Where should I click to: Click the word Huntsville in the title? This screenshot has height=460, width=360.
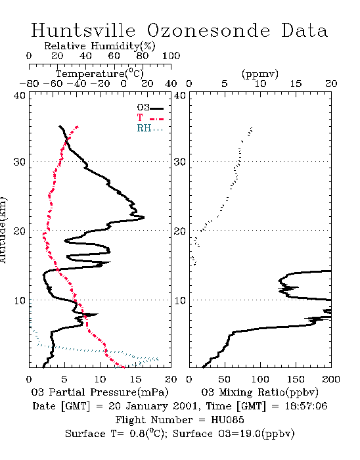click(83, 30)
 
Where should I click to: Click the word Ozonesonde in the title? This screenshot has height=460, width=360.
click(208, 30)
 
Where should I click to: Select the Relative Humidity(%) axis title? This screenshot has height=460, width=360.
click(100, 46)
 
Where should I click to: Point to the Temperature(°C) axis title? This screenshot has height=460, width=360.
click(100, 74)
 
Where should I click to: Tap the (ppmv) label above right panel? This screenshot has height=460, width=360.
click(260, 74)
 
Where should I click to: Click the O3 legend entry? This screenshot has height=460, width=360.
click(150, 108)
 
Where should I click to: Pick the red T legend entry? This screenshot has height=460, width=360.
click(150, 118)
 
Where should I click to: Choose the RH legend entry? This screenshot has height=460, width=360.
click(150, 128)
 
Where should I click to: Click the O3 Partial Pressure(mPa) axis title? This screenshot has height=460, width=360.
click(100, 392)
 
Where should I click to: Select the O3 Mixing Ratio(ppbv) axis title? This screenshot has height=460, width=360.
click(259, 392)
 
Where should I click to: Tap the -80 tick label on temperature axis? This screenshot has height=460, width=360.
click(29, 84)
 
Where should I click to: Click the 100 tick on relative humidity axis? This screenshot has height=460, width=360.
click(171, 56)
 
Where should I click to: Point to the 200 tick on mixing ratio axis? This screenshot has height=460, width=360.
click(331, 379)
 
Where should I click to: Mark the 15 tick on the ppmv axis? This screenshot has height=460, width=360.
click(296, 84)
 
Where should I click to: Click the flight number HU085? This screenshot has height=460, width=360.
click(227, 420)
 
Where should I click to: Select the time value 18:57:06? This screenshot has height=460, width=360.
click(306, 406)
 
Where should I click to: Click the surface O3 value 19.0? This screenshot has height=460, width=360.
click(250, 434)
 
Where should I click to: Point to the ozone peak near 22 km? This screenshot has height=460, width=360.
click(144, 218)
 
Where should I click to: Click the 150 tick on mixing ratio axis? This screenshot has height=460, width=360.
click(296, 379)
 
